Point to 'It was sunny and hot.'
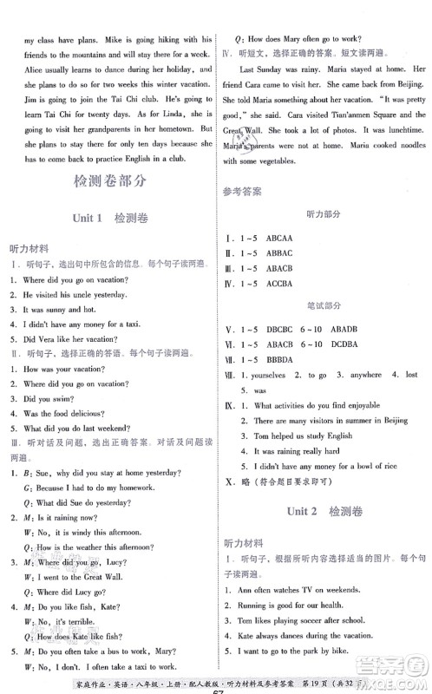pyautogui.click(x=55, y=308)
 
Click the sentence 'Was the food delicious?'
pyautogui.click(x=61, y=413)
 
